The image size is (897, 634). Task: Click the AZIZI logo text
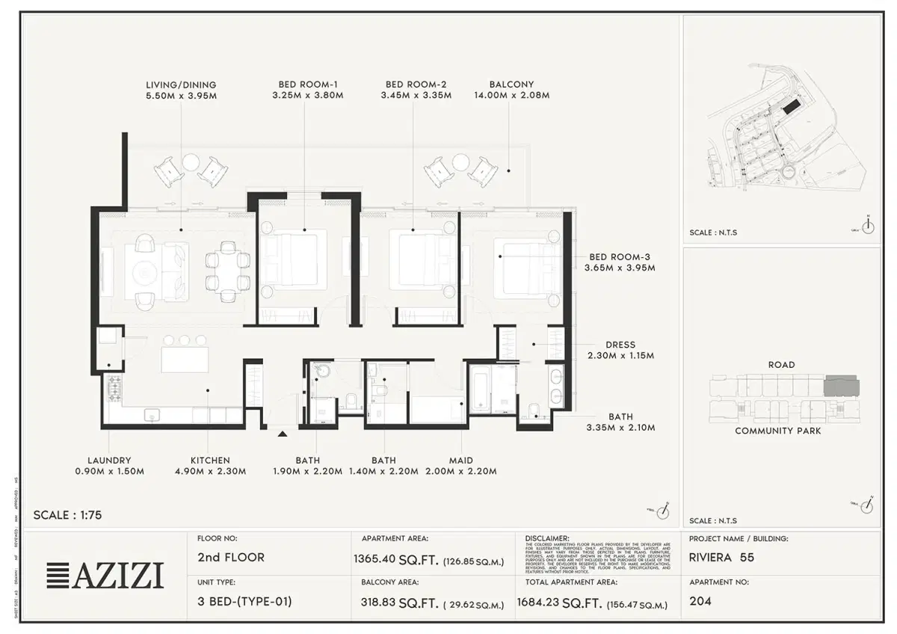point(120,576)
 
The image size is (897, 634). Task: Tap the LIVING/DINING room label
point(181,84)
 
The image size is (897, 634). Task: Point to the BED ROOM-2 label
point(416,84)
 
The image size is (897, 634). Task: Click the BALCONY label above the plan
point(511,84)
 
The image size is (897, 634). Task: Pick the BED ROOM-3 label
point(620,256)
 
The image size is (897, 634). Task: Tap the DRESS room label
point(620,345)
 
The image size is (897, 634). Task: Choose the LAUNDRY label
point(109,461)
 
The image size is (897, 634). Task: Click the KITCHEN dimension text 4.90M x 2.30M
point(210,472)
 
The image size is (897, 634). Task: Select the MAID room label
point(460,461)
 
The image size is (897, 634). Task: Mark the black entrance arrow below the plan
point(283,433)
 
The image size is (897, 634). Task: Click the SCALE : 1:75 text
point(68,515)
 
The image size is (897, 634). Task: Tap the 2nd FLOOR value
point(231,557)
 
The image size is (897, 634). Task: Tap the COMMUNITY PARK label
point(777,431)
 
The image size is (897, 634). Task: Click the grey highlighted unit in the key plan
point(841,387)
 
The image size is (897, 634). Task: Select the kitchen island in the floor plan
point(184,360)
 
